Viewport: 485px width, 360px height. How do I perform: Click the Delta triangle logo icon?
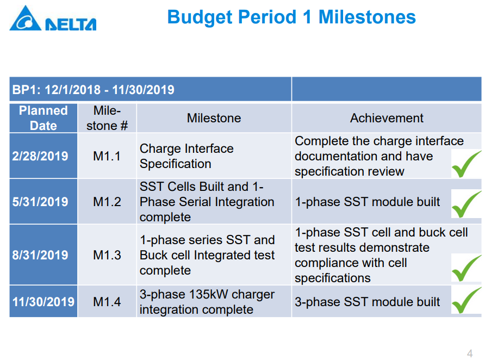pyautogui.click(x=26, y=18)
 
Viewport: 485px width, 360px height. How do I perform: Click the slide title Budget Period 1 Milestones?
pyautogui.click(x=291, y=17)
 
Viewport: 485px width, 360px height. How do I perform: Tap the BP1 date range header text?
pyautogui.click(x=93, y=90)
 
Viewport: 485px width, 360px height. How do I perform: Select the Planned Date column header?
pyautogui.click(x=43, y=118)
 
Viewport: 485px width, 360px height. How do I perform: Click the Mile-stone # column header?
pyautogui.click(x=107, y=118)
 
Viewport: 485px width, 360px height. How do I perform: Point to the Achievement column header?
pyautogui.click(x=387, y=118)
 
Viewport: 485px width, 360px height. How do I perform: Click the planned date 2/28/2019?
pyautogui.click(x=40, y=156)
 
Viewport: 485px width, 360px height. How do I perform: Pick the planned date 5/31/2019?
pyautogui.click(x=40, y=202)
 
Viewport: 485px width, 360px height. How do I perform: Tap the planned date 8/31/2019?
pyautogui.click(x=40, y=255)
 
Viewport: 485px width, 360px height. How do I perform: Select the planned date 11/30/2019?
pyautogui.click(x=43, y=302)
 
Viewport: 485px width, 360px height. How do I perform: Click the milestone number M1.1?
pyautogui.click(x=107, y=156)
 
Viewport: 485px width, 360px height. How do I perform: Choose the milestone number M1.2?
pyautogui.click(x=107, y=202)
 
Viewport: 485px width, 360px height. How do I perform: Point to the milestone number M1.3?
pyautogui.click(x=107, y=255)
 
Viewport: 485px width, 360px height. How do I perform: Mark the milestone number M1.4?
pyautogui.click(x=107, y=302)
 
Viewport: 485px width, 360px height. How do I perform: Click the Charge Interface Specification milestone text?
pyautogui.click(x=186, y=156)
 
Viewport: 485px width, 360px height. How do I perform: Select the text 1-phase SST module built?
pyautogui.click(x=367, y=202)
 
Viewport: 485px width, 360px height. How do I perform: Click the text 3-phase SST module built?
pyautogui.click(x=367, y=302)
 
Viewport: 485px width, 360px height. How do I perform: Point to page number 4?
pyautogui.click(x=470, y=353)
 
